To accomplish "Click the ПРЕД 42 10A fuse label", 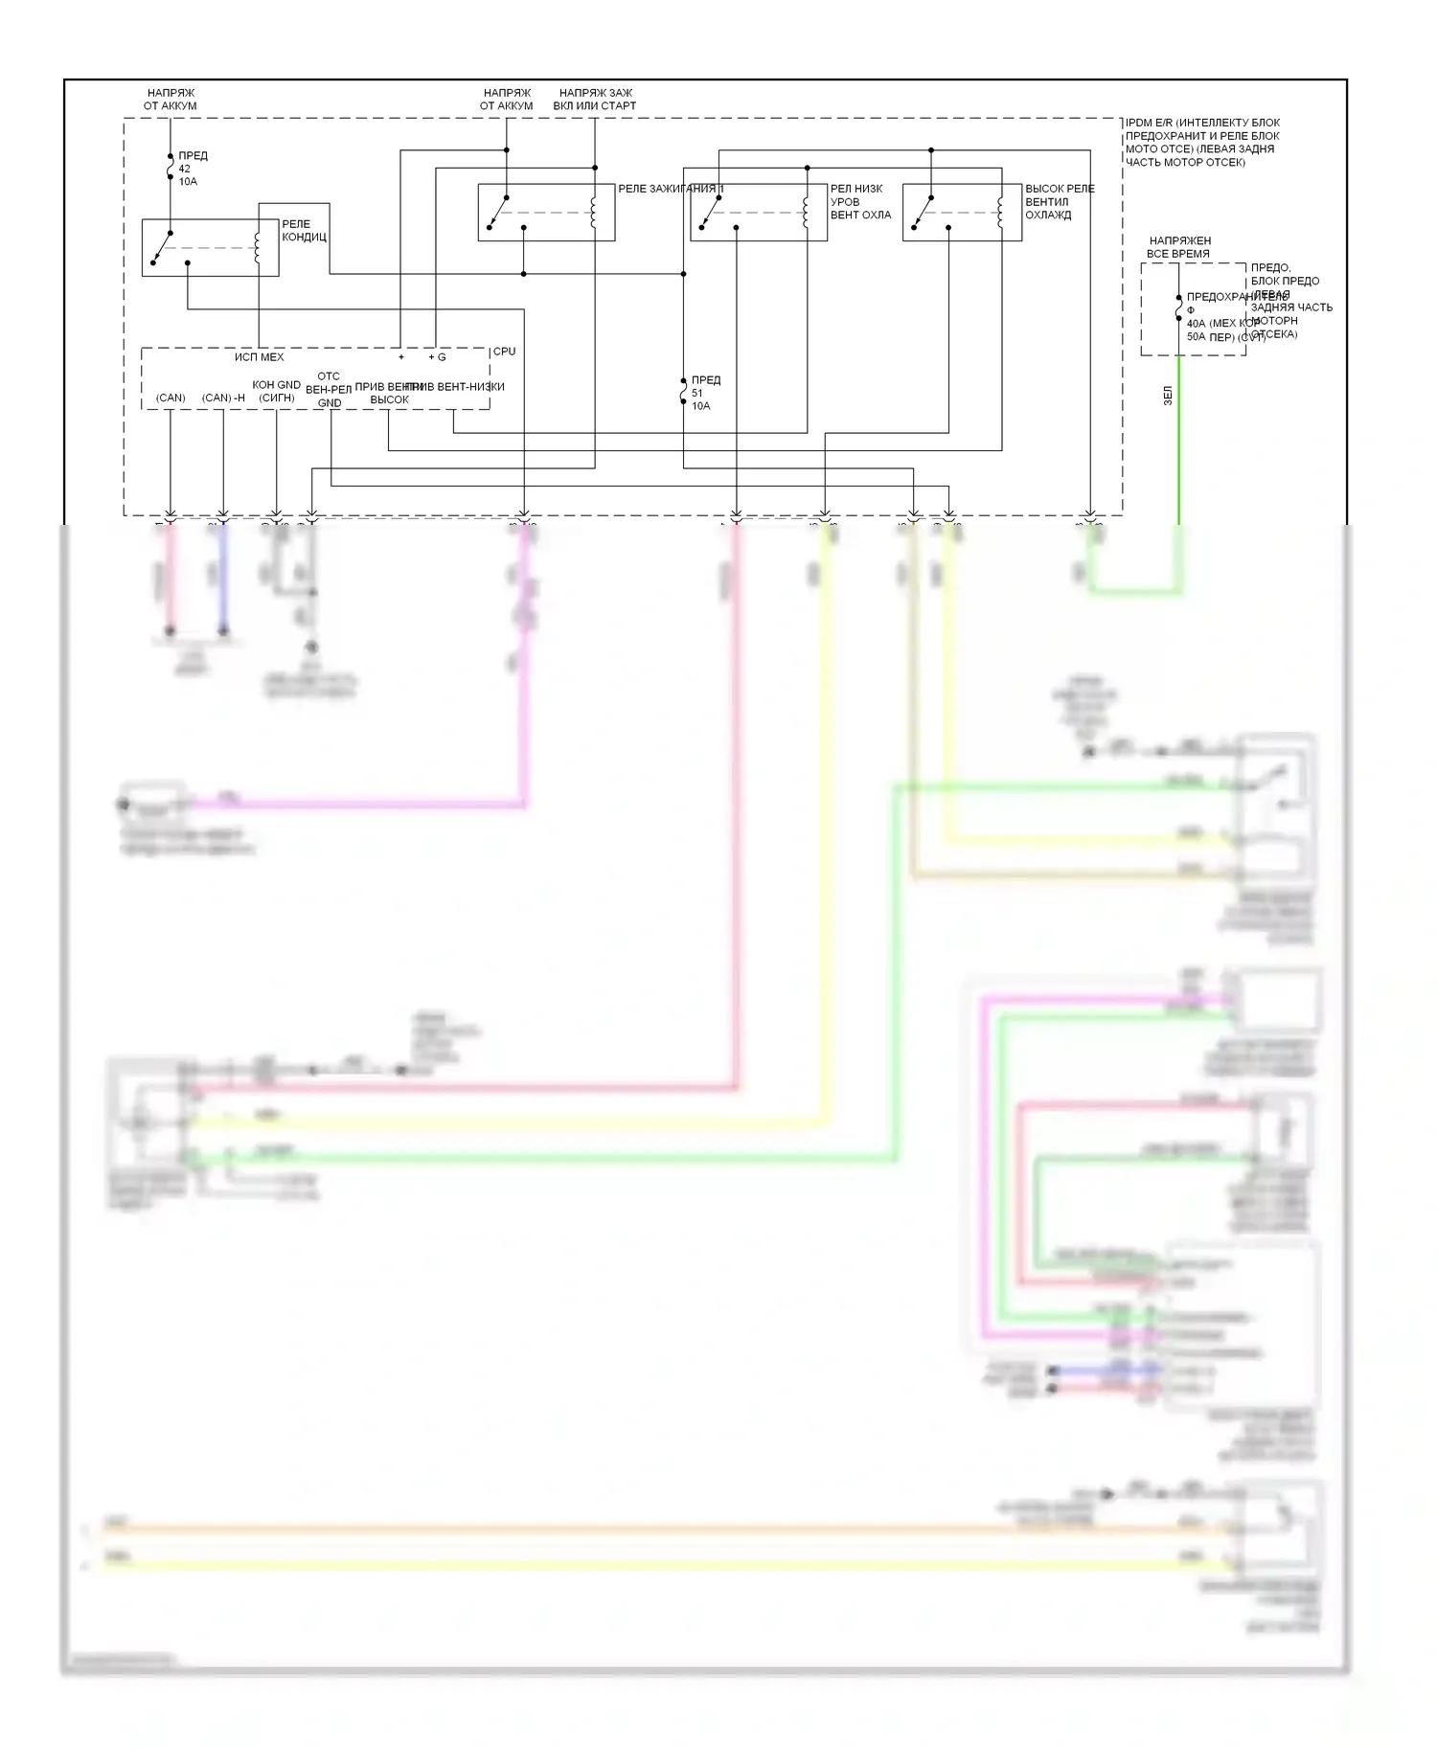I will [x=192, y=169].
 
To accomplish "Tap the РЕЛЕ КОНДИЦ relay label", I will [x=304, y=231].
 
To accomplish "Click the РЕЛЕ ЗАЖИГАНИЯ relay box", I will [x=546, y=213].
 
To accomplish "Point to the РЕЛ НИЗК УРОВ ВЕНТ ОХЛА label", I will [x=859, y=202].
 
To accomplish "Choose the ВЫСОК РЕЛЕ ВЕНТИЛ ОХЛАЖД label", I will [x=1059, y=202].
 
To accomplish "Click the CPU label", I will [x=504, y=352].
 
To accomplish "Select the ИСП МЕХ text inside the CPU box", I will [x=259, y=357].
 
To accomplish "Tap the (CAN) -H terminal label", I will [x=223, y=398].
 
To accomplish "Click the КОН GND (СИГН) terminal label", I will [x=276, y=391].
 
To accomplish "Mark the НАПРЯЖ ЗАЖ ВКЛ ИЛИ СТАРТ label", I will [x=594, y=100].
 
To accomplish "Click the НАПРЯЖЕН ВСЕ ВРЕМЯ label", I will [x=1179, y=247].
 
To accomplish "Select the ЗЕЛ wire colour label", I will [x=1168, y=396].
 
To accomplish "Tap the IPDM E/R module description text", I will [x=1201, y=143].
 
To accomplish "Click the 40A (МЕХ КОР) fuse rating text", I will [x=1222, y=324].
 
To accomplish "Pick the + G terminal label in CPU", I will [x=437, y=357].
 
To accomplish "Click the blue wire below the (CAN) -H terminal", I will [x=223, y=575].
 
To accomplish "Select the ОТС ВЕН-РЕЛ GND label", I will [x=329, y=390].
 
